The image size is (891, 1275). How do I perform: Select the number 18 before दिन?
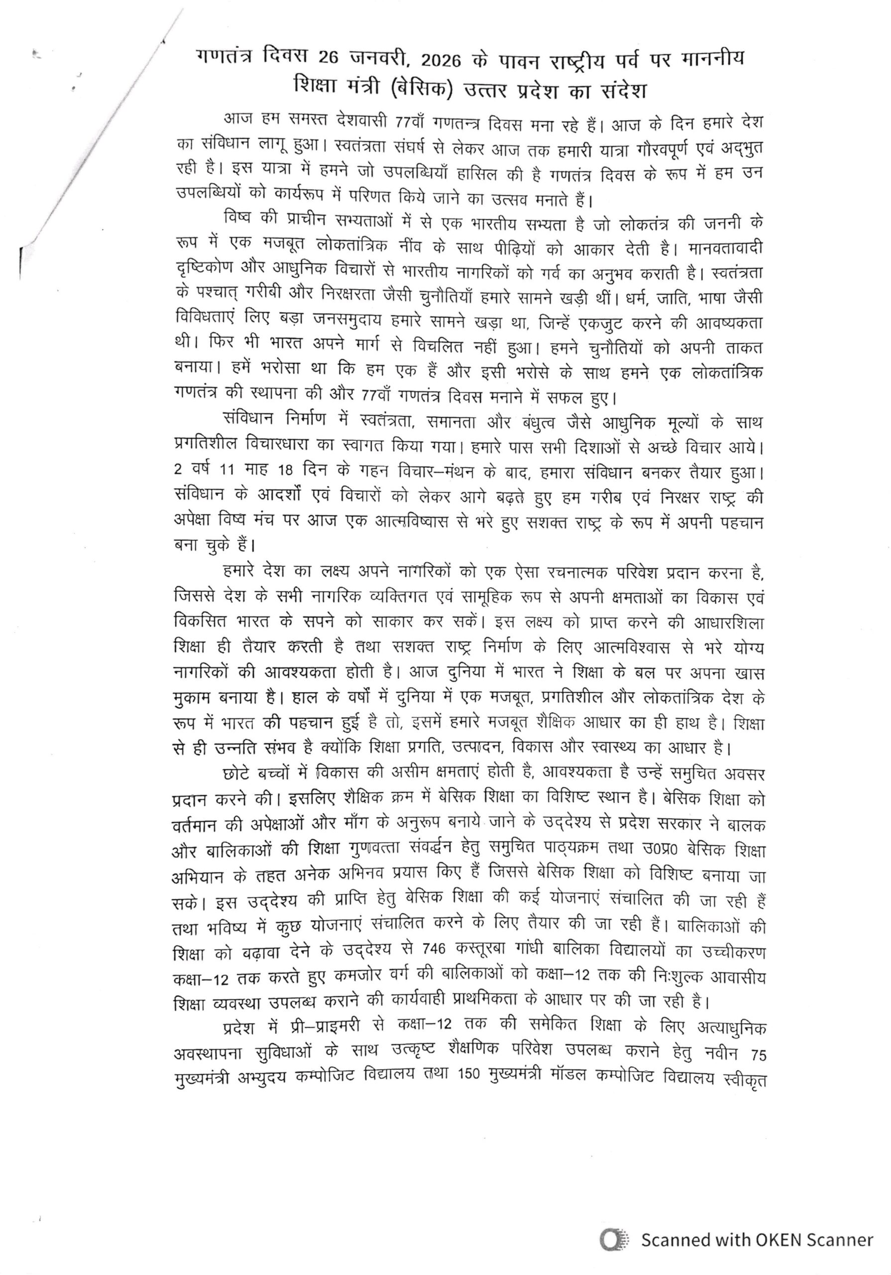click(x=285, y=470)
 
